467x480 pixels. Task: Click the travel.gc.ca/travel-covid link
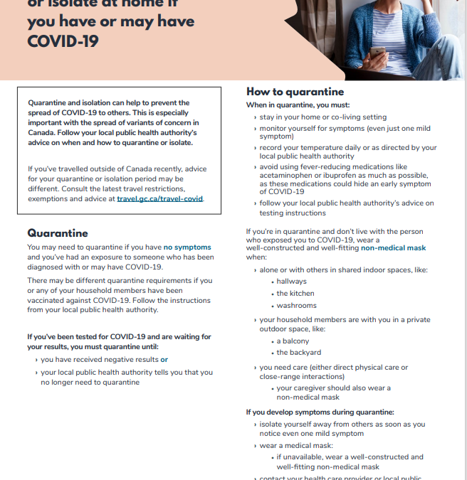(160, 199)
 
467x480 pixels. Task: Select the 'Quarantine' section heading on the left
(58, 233)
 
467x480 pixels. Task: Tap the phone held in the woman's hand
(377, 52)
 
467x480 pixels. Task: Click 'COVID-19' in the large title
(63, 41)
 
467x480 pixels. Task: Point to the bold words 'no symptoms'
(187, 247)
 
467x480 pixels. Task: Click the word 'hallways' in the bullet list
(292, 282)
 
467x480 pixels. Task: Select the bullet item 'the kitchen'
(295, 294)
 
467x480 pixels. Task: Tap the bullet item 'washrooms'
(297, 306)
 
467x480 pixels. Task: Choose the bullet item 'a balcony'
(293, 341)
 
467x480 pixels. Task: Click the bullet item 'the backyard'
(298, 353)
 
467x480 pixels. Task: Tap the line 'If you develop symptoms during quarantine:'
(320, 412)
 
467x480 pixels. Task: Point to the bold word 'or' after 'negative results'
(164, 360)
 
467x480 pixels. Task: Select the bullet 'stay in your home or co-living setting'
(323, 117)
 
